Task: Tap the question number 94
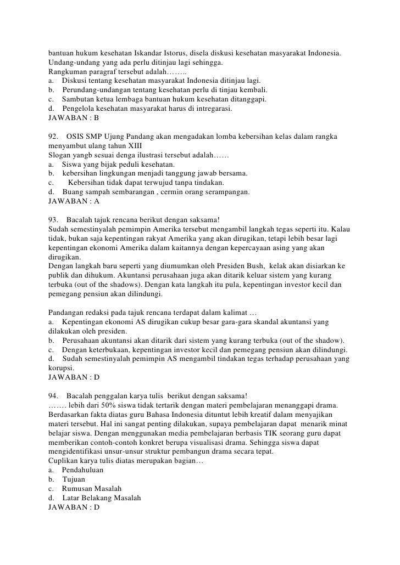(x=54, y=396)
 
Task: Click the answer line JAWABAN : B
(x=74, y=117)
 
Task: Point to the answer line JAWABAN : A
(x=74, y=201)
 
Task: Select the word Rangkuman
(x=68, y=72)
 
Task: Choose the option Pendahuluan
(x=82, y=470)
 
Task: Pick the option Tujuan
(x=74, y=479)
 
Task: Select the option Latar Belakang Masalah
(x=102, y=498)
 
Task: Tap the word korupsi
(x=60, y=368)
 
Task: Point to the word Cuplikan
(x=64, y=461)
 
